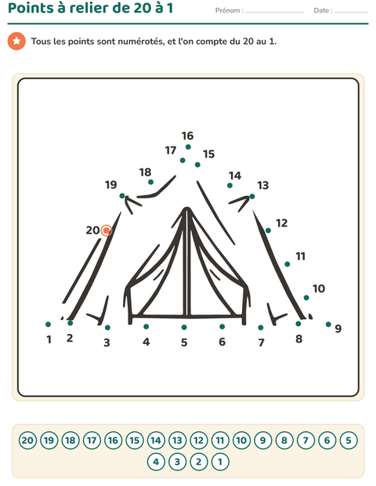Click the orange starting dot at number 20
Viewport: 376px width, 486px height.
click(x=107, y=230)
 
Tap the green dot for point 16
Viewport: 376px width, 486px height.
click(x=188, y=147)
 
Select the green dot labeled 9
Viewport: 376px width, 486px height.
click(x=328, y=325)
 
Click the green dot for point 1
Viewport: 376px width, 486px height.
click(x=48, y=325)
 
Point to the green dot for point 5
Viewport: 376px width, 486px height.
click(x=184, y=327)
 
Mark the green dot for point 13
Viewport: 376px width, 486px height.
click(x=252, y=196)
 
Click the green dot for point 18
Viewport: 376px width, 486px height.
click(x=150, y=182)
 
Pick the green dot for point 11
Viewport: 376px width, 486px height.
click(x=287, y=264)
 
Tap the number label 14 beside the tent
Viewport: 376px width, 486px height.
click(x=235, y=176)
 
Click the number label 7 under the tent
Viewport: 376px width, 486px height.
click(x=261, y=343)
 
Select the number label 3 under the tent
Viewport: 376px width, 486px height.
click(x=107, y=343)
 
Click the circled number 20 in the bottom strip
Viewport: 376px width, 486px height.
click(x=27, y=441)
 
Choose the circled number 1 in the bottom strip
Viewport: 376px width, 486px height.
click(x=220, y=462)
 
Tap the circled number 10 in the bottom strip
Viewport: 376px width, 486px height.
click(x=241, y=441)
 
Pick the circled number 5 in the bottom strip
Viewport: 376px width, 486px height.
click(x=349, y=441)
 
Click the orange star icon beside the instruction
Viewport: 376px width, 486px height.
click(x=16, y=42)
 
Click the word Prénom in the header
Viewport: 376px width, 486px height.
click(x=227, y=10)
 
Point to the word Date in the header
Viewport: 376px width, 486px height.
click(x=321, y=10)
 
